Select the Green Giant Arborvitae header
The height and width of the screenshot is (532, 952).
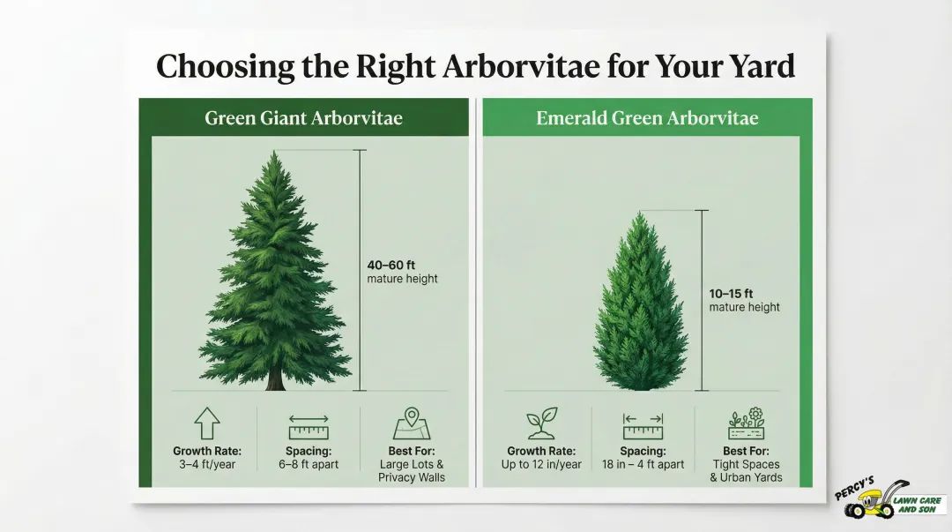coord(303,117)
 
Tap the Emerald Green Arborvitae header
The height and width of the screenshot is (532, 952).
coord(647,117)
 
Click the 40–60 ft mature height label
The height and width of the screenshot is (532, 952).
coord(391,271)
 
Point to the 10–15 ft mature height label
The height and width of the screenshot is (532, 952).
coord(733,300)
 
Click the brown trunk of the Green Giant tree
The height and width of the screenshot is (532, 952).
coord(276,378)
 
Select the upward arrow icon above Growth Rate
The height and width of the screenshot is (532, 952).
coord(206,424)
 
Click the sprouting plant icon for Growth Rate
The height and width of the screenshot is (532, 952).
coord(541,424)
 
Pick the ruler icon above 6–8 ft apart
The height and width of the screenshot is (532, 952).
coord(308,427)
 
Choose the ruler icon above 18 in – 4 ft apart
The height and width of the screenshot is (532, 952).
coord(643,427)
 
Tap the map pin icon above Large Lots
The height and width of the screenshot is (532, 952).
coord(411,423)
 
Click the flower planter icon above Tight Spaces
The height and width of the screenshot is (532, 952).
coord(746,423)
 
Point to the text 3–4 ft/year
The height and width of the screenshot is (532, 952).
coord(207,464)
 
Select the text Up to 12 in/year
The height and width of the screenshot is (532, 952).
coord(541,464)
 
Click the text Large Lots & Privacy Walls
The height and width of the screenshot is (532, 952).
coord(412,470)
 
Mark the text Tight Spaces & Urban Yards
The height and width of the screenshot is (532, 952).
coord(746,470)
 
